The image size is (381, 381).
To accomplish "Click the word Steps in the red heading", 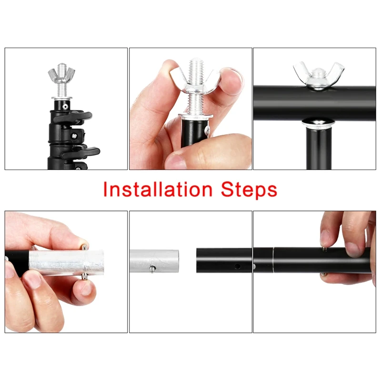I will [x=249, y=190].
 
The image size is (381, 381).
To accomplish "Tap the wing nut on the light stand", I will [x=61, y=76].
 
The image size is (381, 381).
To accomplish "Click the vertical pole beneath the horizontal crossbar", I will [x=319, y=148].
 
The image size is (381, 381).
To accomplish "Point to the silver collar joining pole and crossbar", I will [x=319, y=123].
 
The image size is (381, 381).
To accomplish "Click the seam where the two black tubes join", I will [x=273, y=260].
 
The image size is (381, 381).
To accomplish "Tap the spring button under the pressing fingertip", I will [x=324, y=248].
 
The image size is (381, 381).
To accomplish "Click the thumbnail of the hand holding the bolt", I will [x=176, y=161].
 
